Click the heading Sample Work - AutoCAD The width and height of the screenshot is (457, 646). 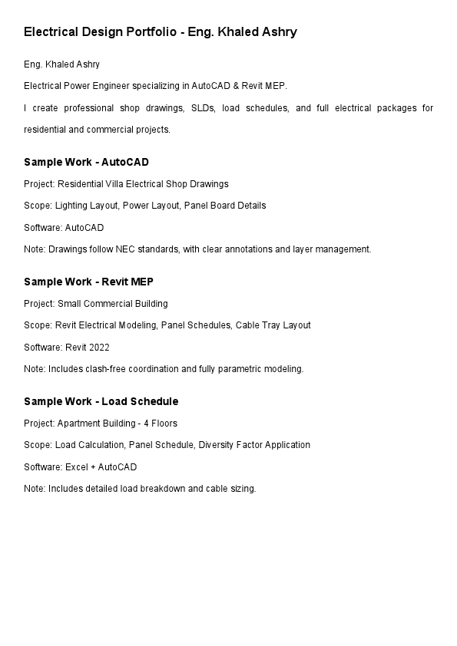pos(86,162)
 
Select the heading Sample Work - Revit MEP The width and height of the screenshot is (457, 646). pos(88,282)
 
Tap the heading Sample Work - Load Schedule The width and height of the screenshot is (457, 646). pos(101,401)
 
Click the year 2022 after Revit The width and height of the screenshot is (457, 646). pos(99,348)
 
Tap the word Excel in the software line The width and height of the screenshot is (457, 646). pos(76,467)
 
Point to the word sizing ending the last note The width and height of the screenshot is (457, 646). pos(242,489)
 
